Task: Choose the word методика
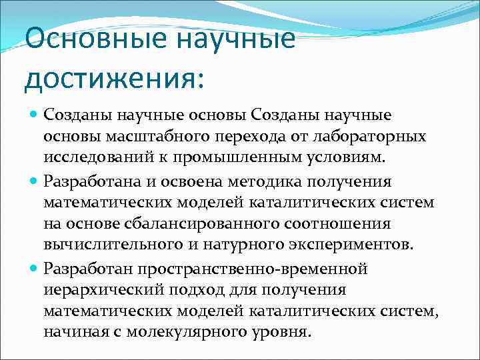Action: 280,182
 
